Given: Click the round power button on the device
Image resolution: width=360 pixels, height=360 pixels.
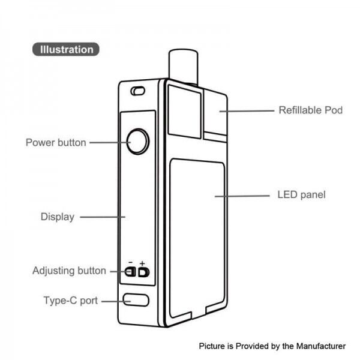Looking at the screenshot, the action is pos(138,142).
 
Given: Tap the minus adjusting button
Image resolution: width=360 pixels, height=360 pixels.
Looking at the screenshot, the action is pos(130,272).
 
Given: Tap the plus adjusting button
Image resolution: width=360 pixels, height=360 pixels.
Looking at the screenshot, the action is pos(144,272).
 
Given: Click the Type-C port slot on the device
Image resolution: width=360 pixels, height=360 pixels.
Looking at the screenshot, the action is pos(136,300).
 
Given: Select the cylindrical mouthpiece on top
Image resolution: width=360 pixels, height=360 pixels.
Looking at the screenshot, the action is pos(183,67).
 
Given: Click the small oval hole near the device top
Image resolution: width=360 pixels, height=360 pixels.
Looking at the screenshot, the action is pos(138,91).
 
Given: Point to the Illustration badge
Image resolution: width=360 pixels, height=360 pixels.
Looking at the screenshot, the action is pos(66,49).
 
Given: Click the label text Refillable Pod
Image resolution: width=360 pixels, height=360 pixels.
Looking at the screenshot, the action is pos(310,110).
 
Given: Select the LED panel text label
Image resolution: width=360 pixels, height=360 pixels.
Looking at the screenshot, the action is pos(301,194).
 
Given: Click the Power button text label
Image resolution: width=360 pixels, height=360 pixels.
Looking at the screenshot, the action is pos(56,143).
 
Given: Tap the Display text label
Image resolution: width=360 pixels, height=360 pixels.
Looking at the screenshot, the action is pos(58,217).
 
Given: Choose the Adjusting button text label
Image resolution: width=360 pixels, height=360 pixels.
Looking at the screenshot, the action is pos(70,271).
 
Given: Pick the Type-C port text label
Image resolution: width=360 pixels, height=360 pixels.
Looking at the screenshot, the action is pos(71,301).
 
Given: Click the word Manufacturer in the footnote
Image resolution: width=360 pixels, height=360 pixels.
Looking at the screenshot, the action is pos(321,346).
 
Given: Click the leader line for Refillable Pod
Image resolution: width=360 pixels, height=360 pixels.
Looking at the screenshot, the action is pos(247,111).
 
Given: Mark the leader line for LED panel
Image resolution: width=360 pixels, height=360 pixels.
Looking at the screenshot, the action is pos(242,196).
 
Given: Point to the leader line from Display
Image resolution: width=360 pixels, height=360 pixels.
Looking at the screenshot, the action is pos(103,217).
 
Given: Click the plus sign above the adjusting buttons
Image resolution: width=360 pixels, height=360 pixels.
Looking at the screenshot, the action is pos(142,263).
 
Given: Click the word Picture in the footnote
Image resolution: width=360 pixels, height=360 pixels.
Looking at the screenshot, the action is pos(212,346).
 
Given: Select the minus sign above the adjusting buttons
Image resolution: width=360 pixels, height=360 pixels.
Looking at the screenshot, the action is pos(131,262).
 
